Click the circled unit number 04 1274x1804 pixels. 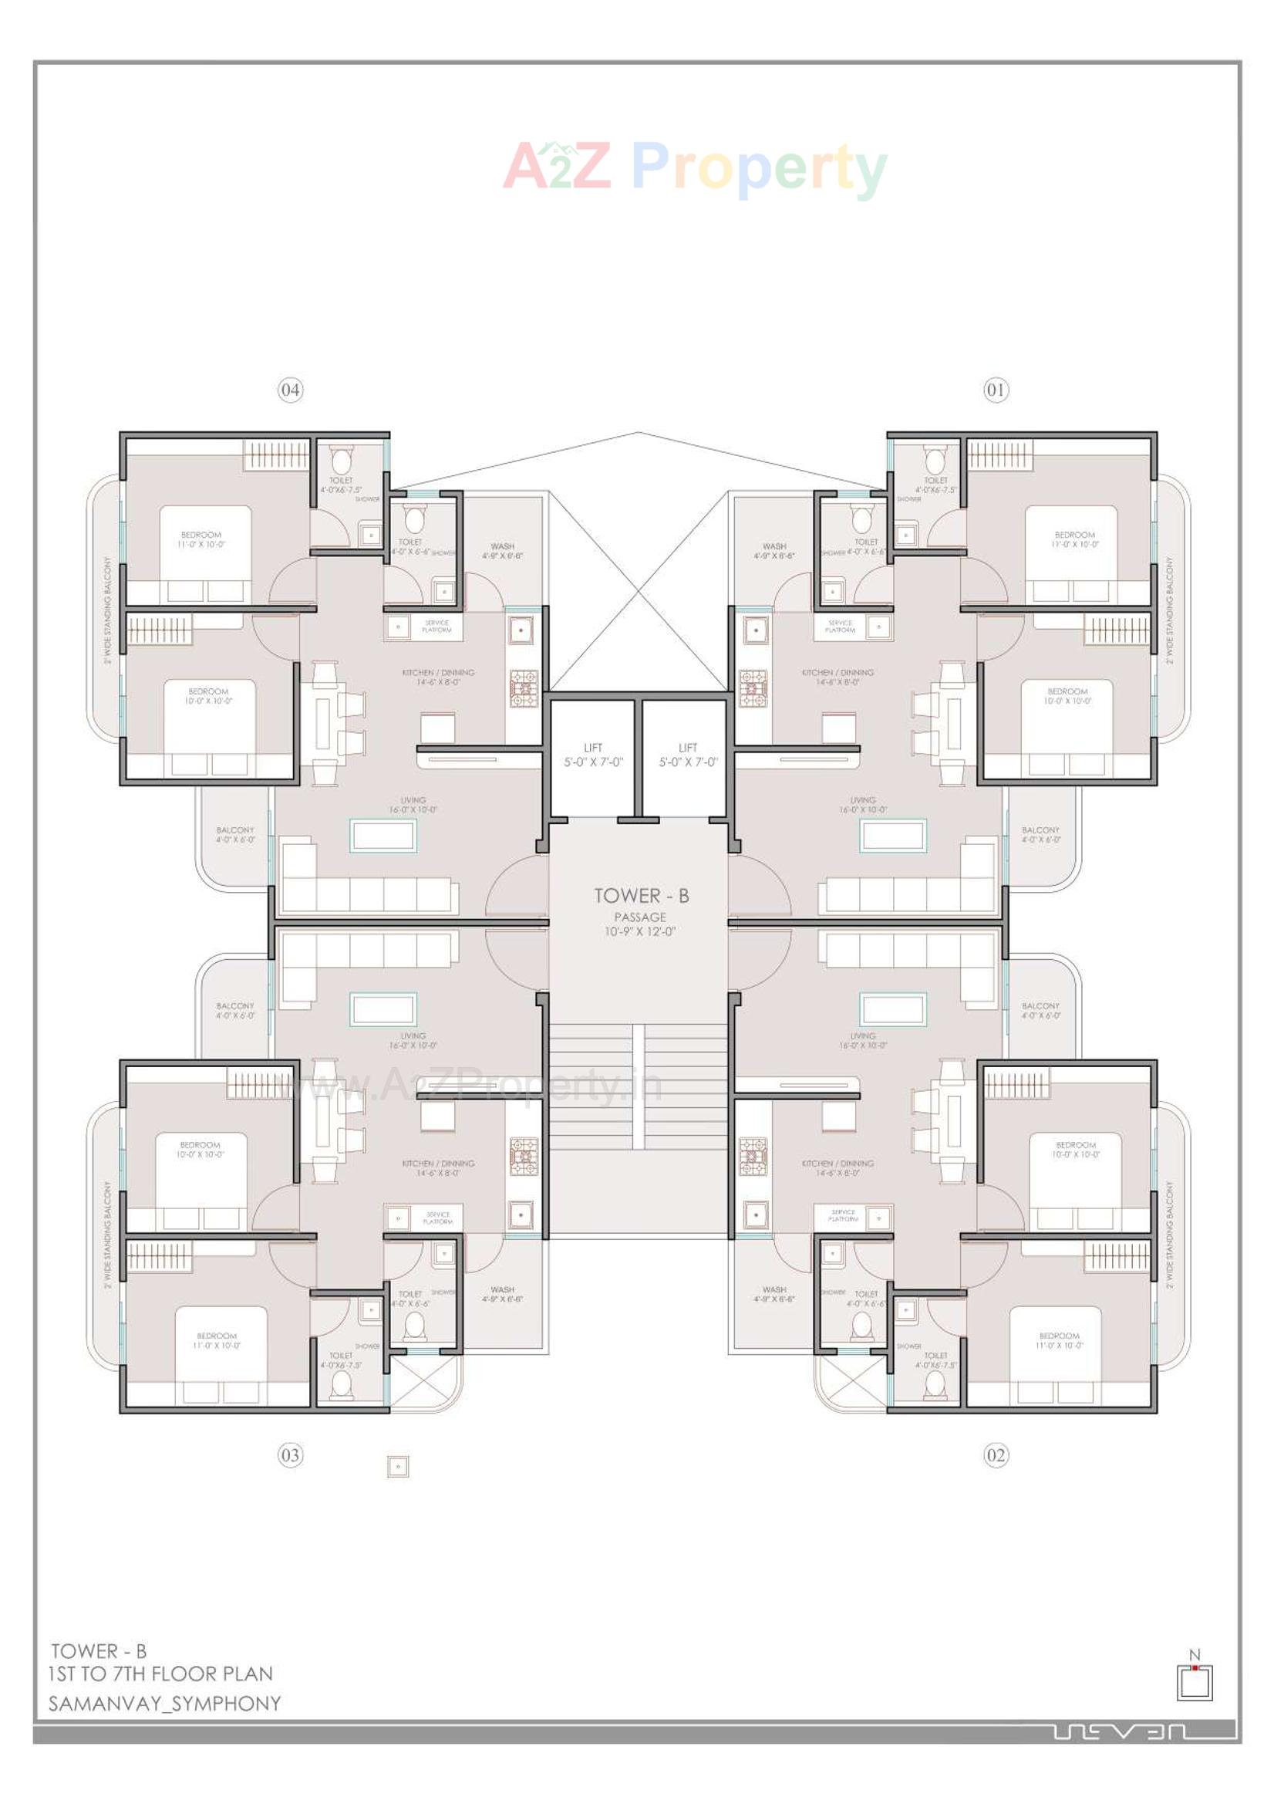(290, 390)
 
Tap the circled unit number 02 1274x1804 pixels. (995, 1455)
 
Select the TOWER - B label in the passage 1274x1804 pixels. (641, 896)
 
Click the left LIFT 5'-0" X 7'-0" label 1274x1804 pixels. (593, 755)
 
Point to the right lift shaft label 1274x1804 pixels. (688, 755)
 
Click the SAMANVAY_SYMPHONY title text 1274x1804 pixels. (165, 1704)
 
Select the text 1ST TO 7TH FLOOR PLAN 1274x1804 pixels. (161, 1674)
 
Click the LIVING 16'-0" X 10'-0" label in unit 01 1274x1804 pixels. (862, 805)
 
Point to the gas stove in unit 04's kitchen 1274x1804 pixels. (524, 687)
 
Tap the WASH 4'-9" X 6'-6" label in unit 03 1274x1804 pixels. (502, 1294)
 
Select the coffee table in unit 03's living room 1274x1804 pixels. (383, 1008)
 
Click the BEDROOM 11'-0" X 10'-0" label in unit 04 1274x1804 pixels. (201, 539)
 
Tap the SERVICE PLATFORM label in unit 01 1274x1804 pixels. (840, 627)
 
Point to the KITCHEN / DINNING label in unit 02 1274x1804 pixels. (838, 1167)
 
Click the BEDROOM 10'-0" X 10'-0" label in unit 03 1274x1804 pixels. (201, 1150)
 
